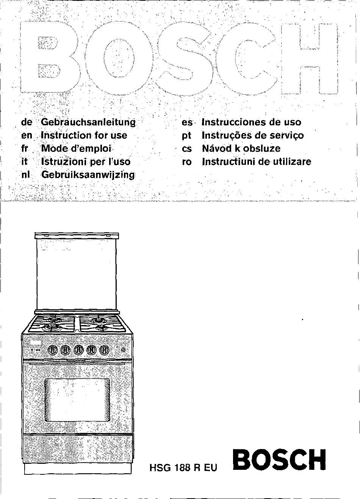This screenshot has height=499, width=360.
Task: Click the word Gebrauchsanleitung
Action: tap(88, 122)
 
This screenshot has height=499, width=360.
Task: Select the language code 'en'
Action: tap(27, 135)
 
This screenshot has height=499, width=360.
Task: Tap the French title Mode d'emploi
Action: tap(76, 149)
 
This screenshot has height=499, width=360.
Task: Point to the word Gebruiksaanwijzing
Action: tap(88, 175)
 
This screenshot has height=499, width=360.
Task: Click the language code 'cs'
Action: tap(187, 149)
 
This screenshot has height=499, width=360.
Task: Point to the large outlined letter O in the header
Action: tap(119, 59)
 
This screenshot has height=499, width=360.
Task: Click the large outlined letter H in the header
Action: tap(310, 59)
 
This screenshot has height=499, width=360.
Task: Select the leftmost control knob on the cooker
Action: tap(53, 351)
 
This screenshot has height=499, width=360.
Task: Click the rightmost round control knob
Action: tap(104, 351)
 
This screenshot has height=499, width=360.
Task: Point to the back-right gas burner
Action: tap(99, 320)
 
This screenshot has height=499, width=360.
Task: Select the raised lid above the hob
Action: tap(77, 272)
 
